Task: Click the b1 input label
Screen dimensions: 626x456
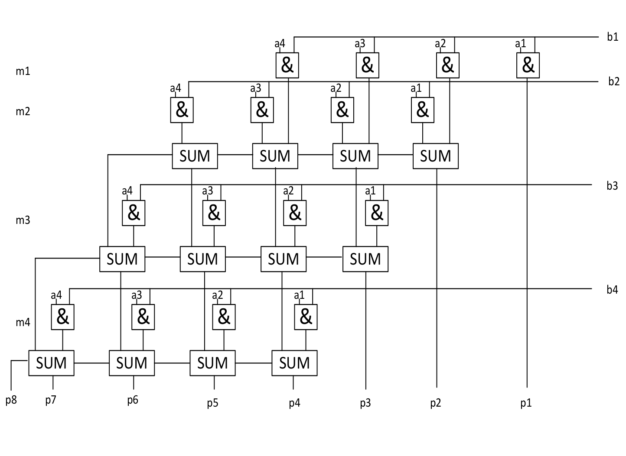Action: coord(613,37)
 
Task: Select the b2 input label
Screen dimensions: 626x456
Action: coord(614,81)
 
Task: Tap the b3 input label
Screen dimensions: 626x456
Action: coord(612,186)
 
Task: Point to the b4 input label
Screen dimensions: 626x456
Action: coord(612,290)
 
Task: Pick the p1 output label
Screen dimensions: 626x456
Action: coord(526,403)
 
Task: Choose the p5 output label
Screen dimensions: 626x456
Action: coord(213,403)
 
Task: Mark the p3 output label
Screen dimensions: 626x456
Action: coord(365,403)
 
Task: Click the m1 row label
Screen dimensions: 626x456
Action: coord(23,71)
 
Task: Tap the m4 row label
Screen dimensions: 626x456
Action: coord(23,323)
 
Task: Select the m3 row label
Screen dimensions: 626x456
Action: coord(23,220)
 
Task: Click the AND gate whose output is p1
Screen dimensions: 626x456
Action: coord(528,65)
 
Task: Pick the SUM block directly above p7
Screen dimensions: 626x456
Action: coord(52,363)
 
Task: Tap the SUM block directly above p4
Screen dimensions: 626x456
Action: coord(294,363)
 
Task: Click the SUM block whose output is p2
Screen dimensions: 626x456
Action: coord(436,156)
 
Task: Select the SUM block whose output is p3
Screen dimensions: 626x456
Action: coord(365,259)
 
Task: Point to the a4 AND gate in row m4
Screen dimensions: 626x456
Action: coord(62,317)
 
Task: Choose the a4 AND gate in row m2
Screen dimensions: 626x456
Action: coord(182,110)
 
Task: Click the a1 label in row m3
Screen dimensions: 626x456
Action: coord(370,191)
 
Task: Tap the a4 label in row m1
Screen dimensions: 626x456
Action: coord(280,44)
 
